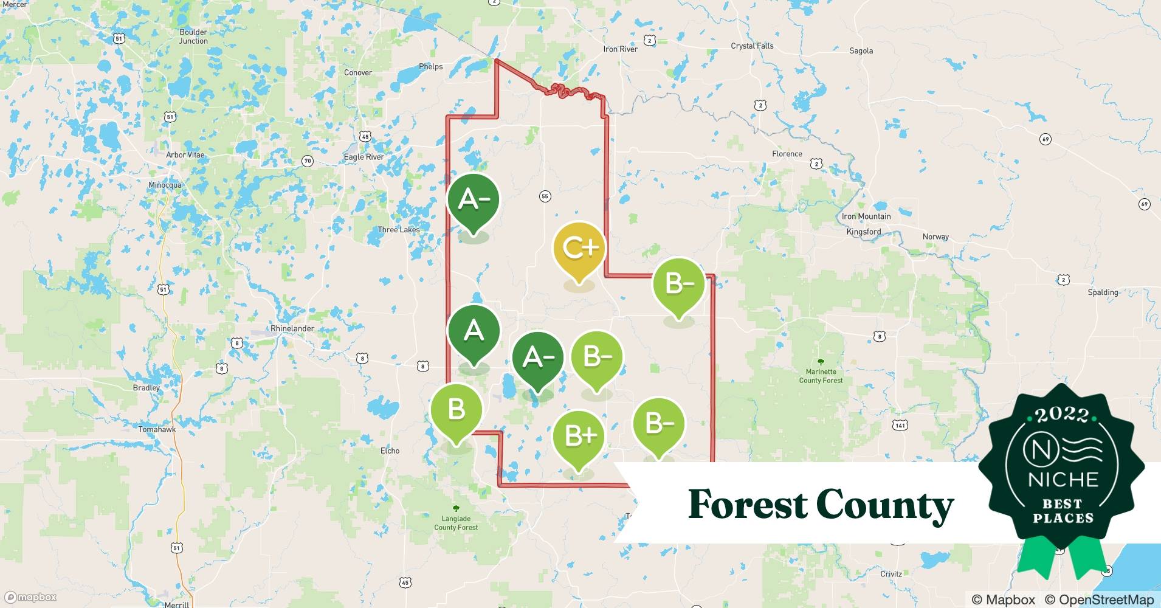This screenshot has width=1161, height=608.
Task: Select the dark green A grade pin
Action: pyautogui.click(x=474, y=331)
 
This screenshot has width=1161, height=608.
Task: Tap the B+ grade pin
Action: pyautogui.click(x=579, y=437)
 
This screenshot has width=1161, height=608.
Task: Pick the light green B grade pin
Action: pyautogui.click(x=456, y=410)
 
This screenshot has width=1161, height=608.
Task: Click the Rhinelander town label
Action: pyautogui.click(x=292, y=328)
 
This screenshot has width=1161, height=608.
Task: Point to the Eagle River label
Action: pyautogui.click(x=363, y=157)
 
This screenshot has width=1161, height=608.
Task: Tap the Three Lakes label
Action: pyautogui.click(x=398, y=230)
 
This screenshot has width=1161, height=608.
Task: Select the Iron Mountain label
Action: pyautogui.click(x=866, y=216)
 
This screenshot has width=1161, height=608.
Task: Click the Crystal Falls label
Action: pyautogui.click(x=752, y=46)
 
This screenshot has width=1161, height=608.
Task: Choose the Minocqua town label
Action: pyautogui.click(x=165, y=185)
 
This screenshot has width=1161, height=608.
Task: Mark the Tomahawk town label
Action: pyautogui.click(x=157, y=429)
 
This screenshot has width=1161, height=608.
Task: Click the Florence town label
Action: pyautogui.click(x=787, y=154)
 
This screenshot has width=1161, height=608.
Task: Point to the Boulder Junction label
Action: pyautogui.click(x=193, y=36)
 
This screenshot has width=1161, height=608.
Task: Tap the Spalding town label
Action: pyautogui.click(x=1103, y=292)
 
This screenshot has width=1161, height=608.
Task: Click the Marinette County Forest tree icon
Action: pyautogui.click(x=821, y=362)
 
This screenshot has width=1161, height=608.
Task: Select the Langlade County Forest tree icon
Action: pyautogui.click(x=456, y=509)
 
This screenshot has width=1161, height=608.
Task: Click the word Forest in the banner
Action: pyautogui.click(x=748, y=505)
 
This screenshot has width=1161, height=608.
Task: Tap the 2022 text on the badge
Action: pyautogui.click(x=1062, y=415)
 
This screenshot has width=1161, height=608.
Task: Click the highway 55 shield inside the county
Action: pyautogui.click(x=545, y=196)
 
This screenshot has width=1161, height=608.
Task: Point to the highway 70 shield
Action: pyautogui.click(x=308, y=161)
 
